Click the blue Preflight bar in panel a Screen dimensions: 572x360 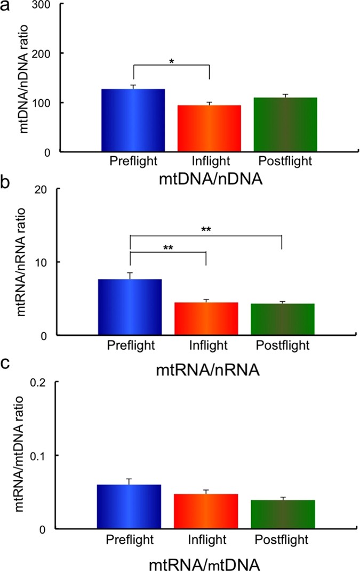coord(133,120)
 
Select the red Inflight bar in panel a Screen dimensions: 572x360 coord(209,128)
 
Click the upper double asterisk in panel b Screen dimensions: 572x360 coord(205,229)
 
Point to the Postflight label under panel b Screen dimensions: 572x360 coord(282,345)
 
